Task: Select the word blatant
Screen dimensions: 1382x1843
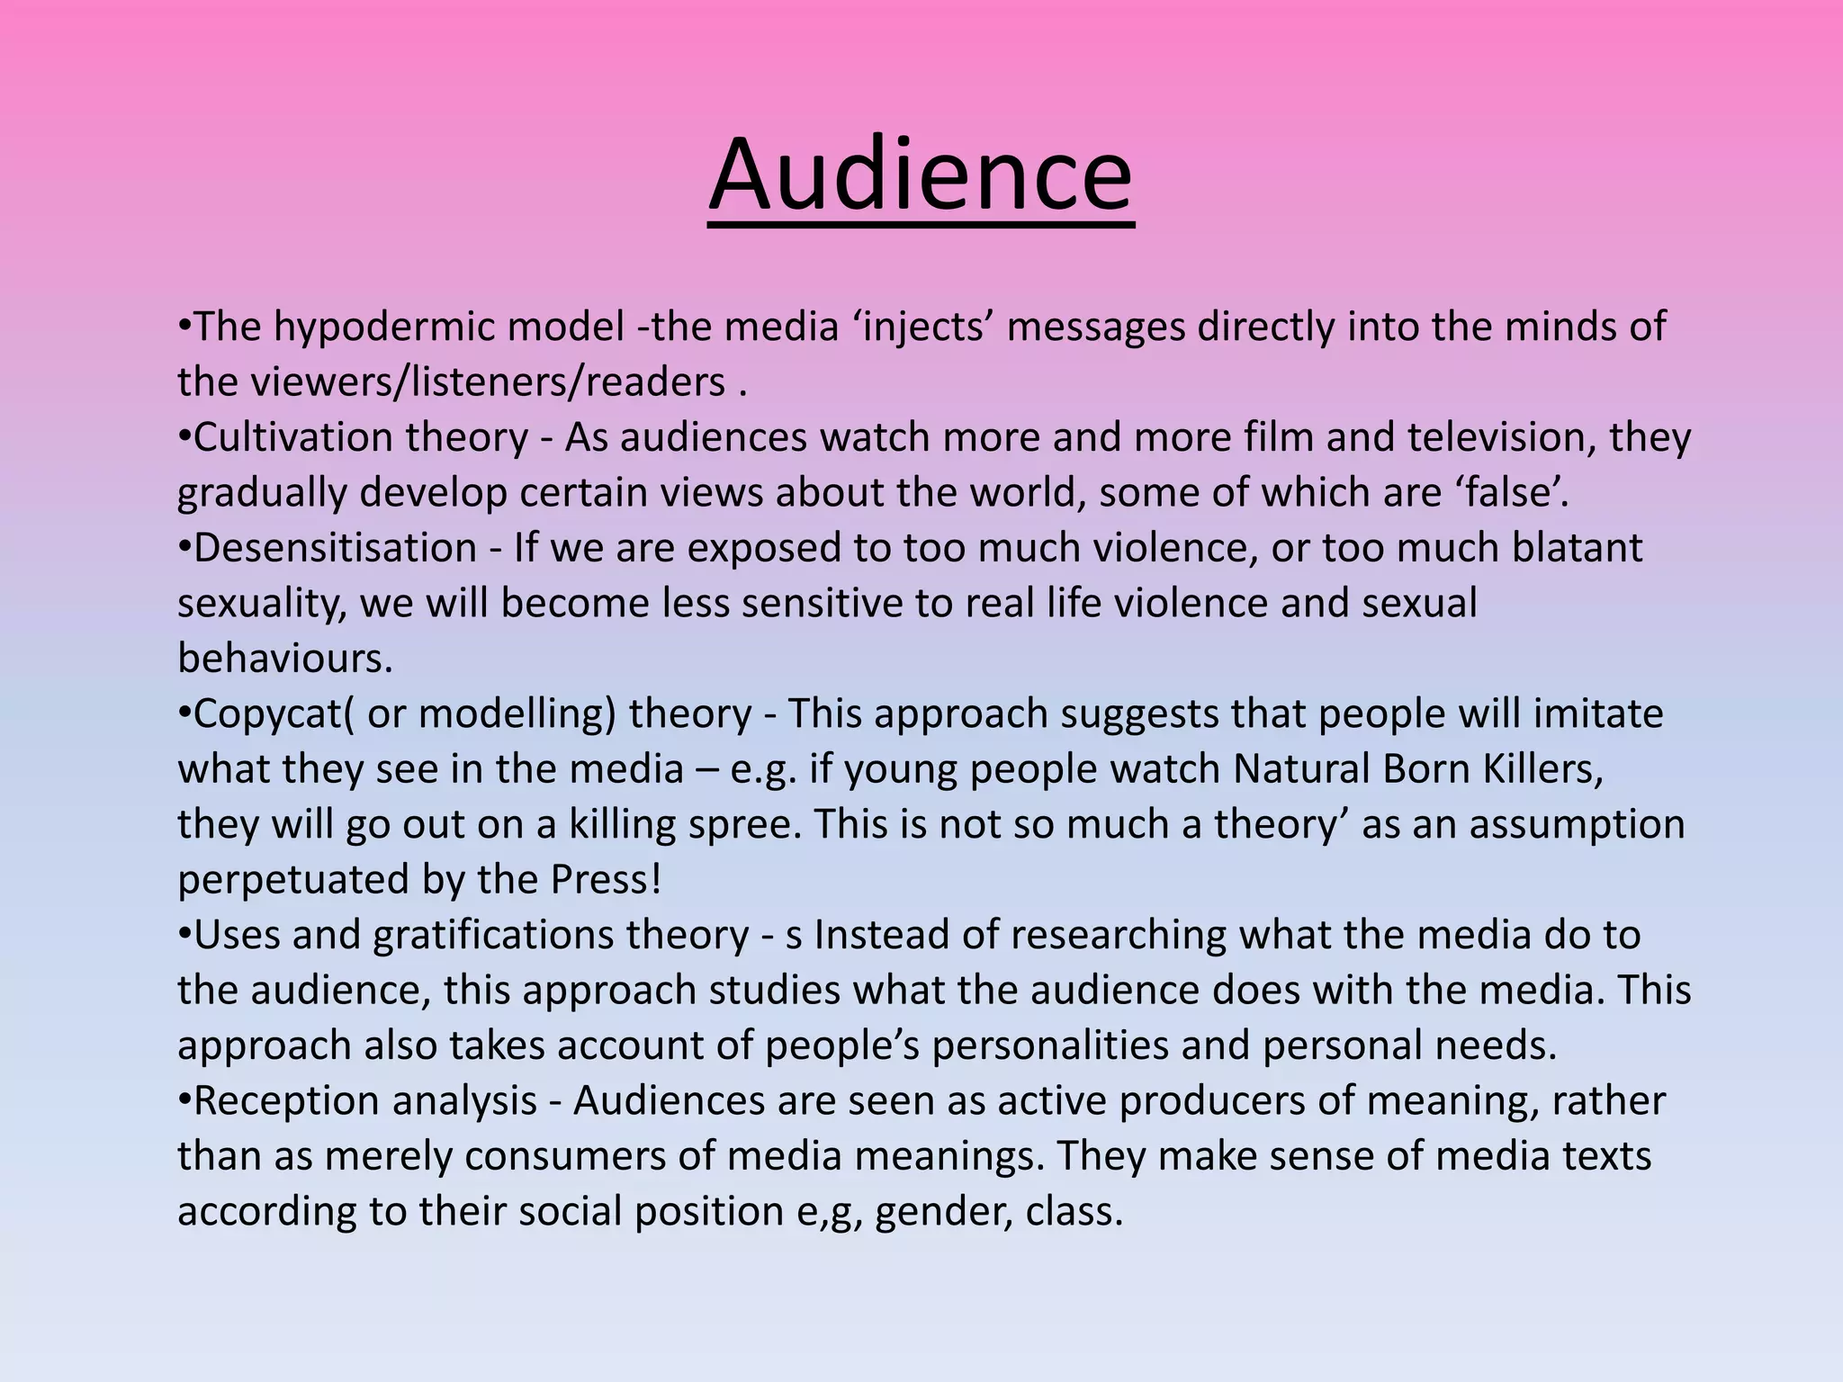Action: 1577,549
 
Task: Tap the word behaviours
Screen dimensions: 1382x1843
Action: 284,660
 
